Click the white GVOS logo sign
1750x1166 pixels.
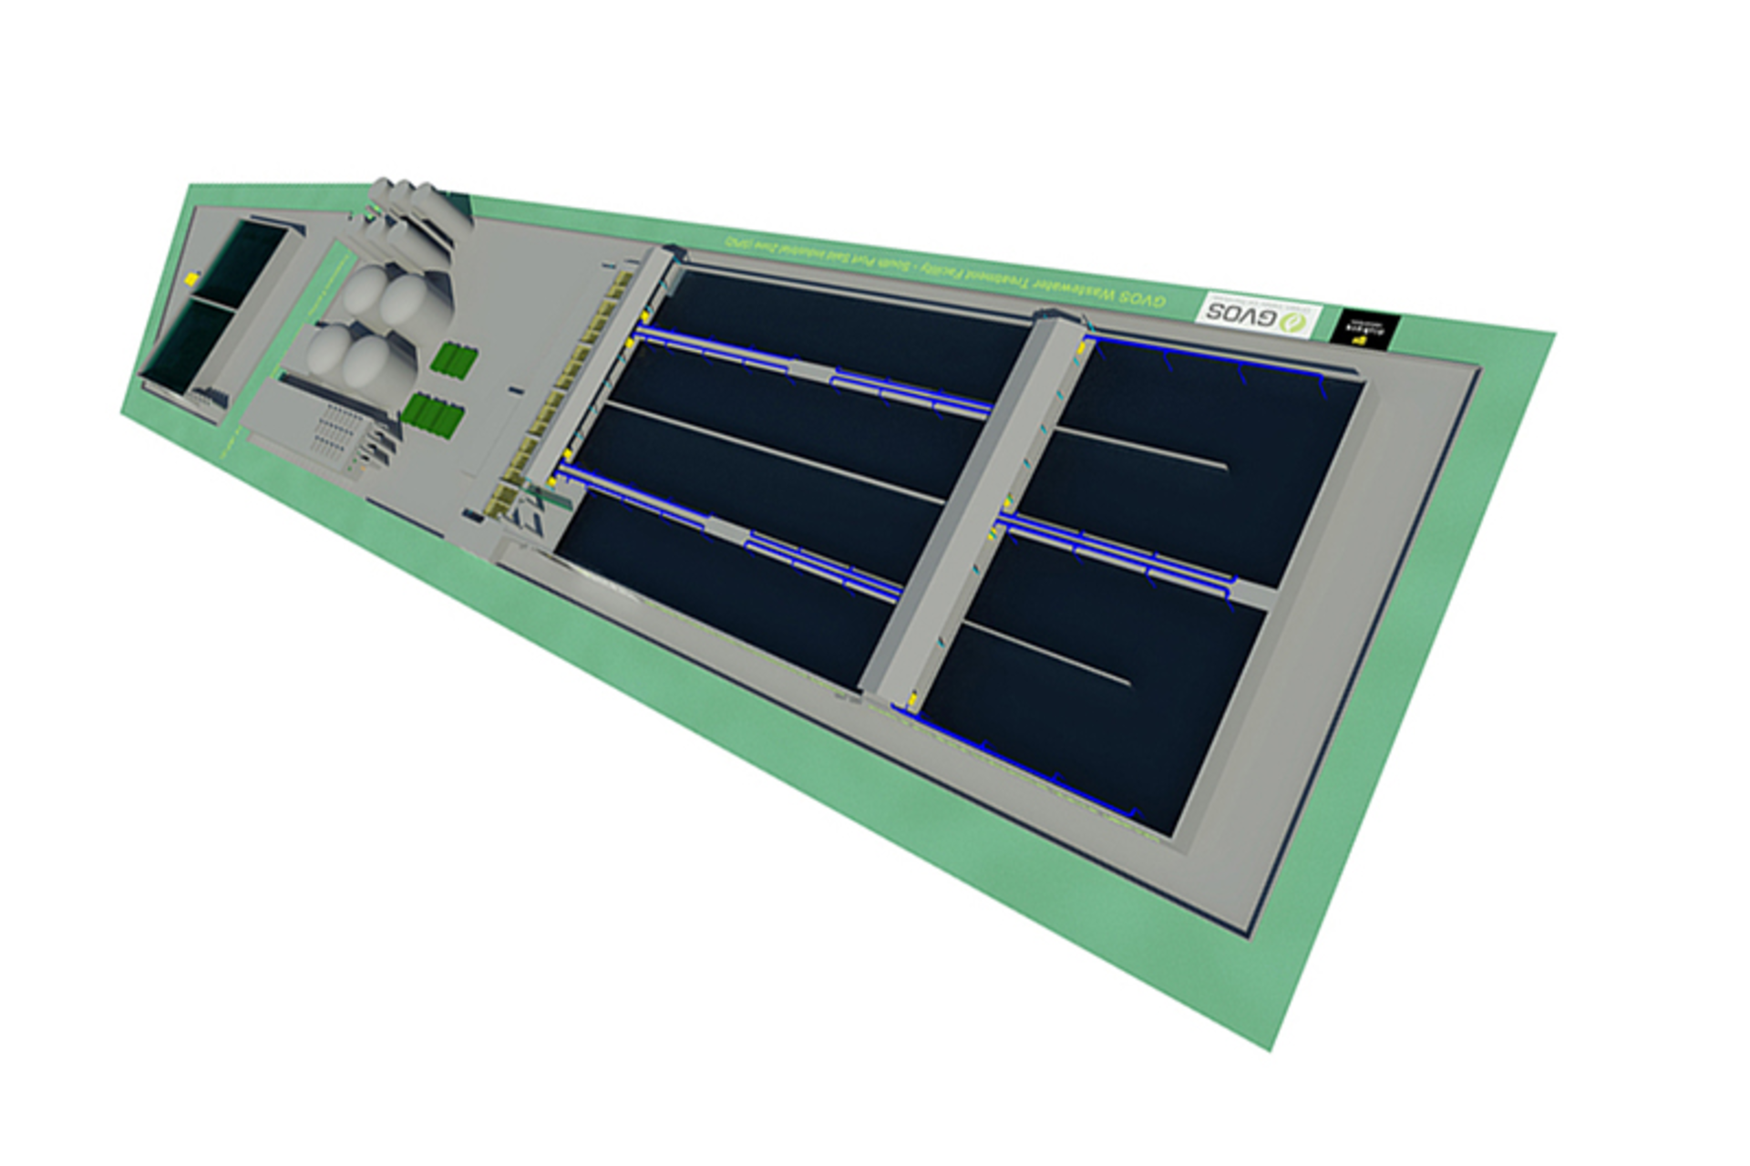pos(1257,315)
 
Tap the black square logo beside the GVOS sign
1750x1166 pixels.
pos(1364,328)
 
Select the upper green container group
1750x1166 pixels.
pos(454,361)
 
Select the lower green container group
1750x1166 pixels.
pos(433,416)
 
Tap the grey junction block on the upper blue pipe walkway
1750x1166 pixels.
pos(810,369)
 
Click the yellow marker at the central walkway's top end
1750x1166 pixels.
pos(1085,346)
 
